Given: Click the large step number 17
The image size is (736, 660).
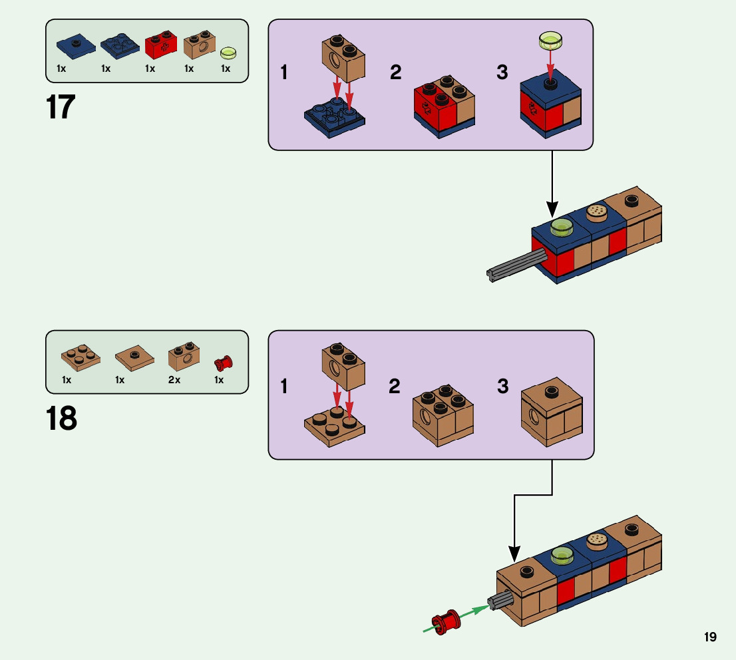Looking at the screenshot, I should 61,107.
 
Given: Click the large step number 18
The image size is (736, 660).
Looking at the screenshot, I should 61,418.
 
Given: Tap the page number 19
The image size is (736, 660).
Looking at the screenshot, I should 710,637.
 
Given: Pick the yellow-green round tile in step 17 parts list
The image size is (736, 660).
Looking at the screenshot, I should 228,52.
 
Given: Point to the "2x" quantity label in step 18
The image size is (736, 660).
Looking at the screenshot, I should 174,380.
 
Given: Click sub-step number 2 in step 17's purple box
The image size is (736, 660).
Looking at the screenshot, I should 396,73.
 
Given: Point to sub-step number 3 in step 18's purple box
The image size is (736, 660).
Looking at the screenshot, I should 502,386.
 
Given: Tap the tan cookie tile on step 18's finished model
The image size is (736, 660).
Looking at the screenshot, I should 598,540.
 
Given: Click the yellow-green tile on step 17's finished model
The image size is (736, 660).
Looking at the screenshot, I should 562,226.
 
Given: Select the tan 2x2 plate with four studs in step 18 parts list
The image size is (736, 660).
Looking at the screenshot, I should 81,357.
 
